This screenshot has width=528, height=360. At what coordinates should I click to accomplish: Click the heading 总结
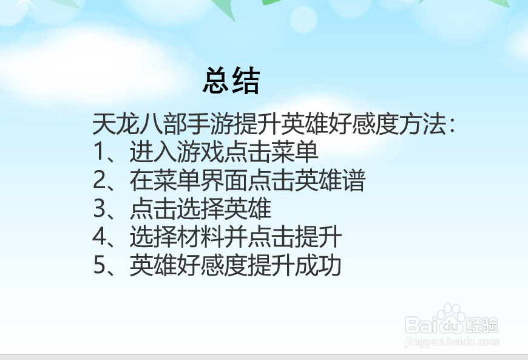pyautogui.click(x=231, y=81)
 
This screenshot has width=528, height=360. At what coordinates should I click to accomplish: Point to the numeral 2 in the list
pyautogui.click(x=100, y=181)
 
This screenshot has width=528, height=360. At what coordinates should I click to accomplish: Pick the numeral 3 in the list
pyautogui.click(x=100, y=209)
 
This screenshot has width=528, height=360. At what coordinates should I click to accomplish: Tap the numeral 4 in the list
pyautogui.click(x=100, y=237)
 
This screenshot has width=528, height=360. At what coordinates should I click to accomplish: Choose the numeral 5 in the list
pyautogui.click(x=100, y=266)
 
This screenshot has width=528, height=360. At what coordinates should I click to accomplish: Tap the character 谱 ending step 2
pyautogui.click(x=354, y=181)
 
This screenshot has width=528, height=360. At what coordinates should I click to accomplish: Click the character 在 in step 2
pyautogui.click(x=140, y=181)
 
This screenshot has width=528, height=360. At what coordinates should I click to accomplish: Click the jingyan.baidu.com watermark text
pyautogui.click(x=452, y=342)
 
